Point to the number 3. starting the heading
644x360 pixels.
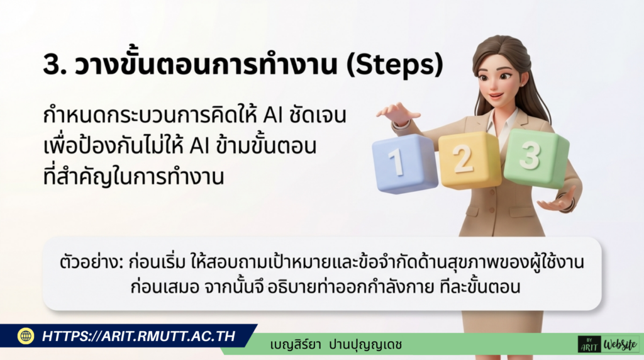(55, 65)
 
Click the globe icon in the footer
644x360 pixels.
(26, 336)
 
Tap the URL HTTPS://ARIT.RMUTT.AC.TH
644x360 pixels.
(138, 336)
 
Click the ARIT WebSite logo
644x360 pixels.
(608, 344)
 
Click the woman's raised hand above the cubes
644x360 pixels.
(397, 114)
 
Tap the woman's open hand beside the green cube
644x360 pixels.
(559, 201)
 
